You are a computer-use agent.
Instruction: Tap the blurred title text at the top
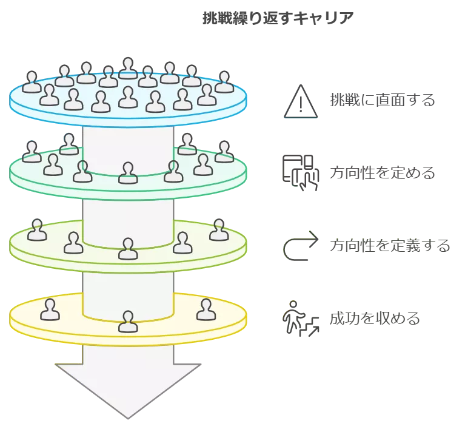276,20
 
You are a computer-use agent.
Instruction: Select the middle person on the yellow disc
127,322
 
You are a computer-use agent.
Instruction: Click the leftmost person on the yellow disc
49,310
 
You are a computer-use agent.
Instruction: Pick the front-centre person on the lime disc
127,249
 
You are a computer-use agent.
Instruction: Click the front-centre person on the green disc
127,173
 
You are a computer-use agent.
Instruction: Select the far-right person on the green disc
224,152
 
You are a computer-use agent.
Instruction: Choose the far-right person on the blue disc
224,83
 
